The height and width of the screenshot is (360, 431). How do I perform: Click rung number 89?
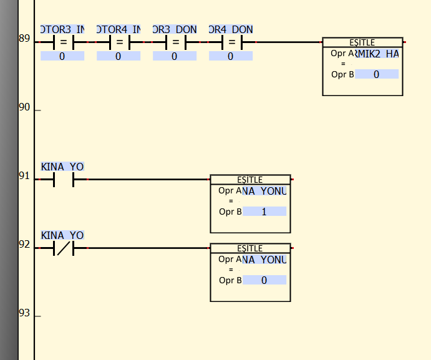click(x=24, y=39)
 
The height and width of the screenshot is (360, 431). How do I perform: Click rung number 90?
click(x=24, y=107)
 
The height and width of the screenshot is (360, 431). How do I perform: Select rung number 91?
click(x=24, y=176)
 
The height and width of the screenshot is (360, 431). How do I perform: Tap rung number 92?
click(x=24, y=245)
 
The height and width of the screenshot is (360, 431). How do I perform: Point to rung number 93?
click(x=24, y=313)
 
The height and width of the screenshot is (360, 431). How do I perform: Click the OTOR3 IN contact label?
click(x=62, y=29)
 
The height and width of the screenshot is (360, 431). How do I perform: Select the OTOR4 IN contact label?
click(x=119, y=29)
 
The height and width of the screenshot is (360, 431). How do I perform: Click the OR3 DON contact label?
click(x=175, y=29)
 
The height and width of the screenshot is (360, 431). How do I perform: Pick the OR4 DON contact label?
click(x=231, y=29)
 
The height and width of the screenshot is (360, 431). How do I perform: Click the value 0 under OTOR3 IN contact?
click(x=62, y=56)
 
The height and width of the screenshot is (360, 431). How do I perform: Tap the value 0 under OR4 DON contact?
click(x=231, y=56)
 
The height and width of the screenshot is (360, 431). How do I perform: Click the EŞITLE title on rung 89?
click(x=362, y=42)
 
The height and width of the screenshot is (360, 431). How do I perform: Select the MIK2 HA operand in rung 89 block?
click(x=376, y=54)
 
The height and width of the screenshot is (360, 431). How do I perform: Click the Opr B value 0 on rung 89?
click(x=376, y=74)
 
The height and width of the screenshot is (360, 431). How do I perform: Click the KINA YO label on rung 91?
click(x=62, y=167)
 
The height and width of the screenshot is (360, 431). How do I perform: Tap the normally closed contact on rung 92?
click(x=62, y=249)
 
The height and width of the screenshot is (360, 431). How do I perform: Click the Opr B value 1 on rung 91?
click(x=264, y=212)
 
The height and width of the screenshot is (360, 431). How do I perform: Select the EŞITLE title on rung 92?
click(x=250, y=248)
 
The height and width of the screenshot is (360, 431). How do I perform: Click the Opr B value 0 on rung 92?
click(x=264, y=280)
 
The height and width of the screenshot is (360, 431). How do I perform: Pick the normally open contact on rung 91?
click(x=62, y=180)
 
